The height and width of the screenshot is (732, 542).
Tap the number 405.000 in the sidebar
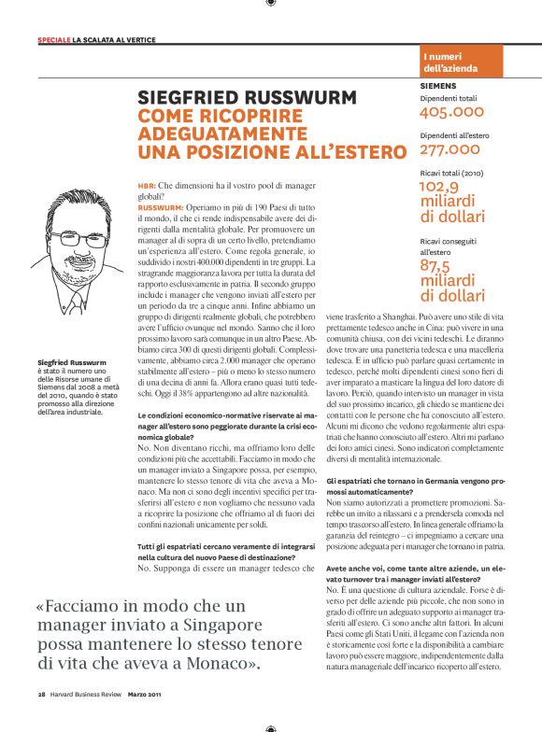(452, 112)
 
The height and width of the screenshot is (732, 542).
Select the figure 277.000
(450, 149)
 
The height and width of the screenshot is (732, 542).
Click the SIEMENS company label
(438, 85)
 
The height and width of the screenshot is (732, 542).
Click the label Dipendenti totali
(449, 97)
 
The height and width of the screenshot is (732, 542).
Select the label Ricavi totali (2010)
(453, 173)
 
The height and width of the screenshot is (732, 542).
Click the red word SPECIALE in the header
(53, 39)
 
